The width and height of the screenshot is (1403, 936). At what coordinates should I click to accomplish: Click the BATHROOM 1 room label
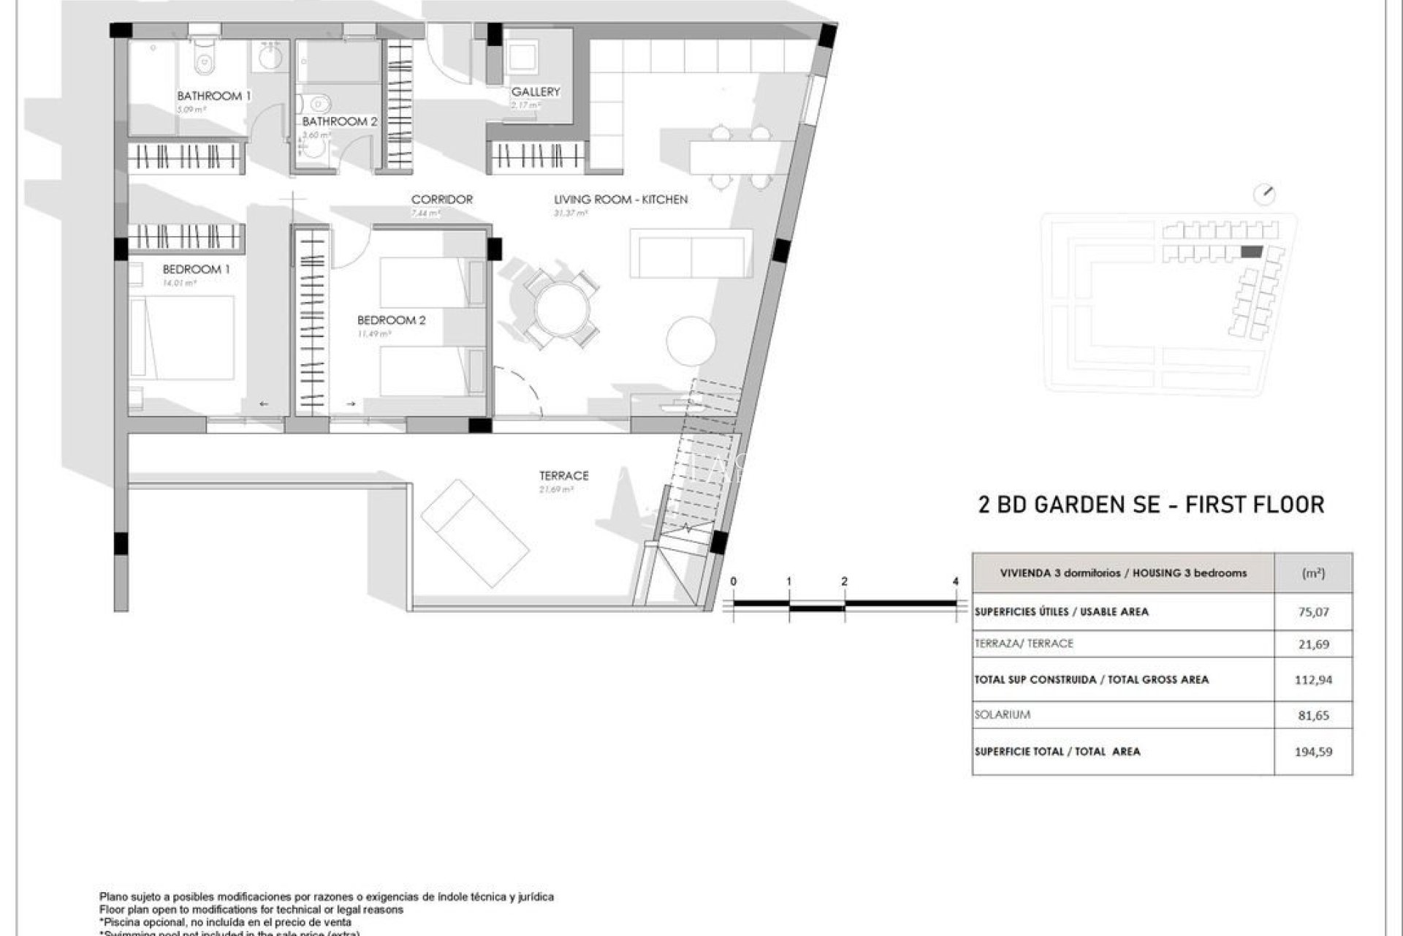click(x=213, y=96)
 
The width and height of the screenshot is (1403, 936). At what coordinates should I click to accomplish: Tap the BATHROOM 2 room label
click(x=340, y=121)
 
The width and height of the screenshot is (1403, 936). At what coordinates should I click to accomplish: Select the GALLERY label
click(x=536, y=91)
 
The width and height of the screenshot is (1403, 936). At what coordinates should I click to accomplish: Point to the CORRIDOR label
click(x=441, y=199)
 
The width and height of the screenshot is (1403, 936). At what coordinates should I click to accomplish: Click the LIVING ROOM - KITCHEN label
click(x=620, y=199)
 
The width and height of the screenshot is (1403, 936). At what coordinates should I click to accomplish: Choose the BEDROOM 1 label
click(x=196, y=269)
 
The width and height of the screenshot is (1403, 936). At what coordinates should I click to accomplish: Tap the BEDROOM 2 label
click(x=391, y=320)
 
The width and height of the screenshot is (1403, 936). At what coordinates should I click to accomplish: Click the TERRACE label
click(x=563, y=475)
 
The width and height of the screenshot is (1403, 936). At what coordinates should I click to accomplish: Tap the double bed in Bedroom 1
click(x=183, y=337)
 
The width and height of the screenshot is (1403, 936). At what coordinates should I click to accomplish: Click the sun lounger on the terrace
click(x=475, y=533)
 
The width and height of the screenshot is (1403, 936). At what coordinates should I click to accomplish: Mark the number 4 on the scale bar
click(x=955, y=581)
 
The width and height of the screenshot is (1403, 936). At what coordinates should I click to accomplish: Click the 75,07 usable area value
click(x=1313, y=612)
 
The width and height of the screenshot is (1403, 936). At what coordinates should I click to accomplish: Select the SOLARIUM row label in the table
click(x=1002, y=714)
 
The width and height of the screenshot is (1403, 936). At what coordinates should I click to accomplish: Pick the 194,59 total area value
click(x=1313, y=751)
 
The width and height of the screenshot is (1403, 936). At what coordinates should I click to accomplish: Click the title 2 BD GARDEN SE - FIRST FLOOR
click(x=1150, y=505)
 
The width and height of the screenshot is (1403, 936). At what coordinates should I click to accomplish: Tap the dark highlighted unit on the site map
click(x=1251, y=252)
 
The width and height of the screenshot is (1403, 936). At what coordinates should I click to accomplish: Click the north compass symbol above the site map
click(x=1263, y=195)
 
